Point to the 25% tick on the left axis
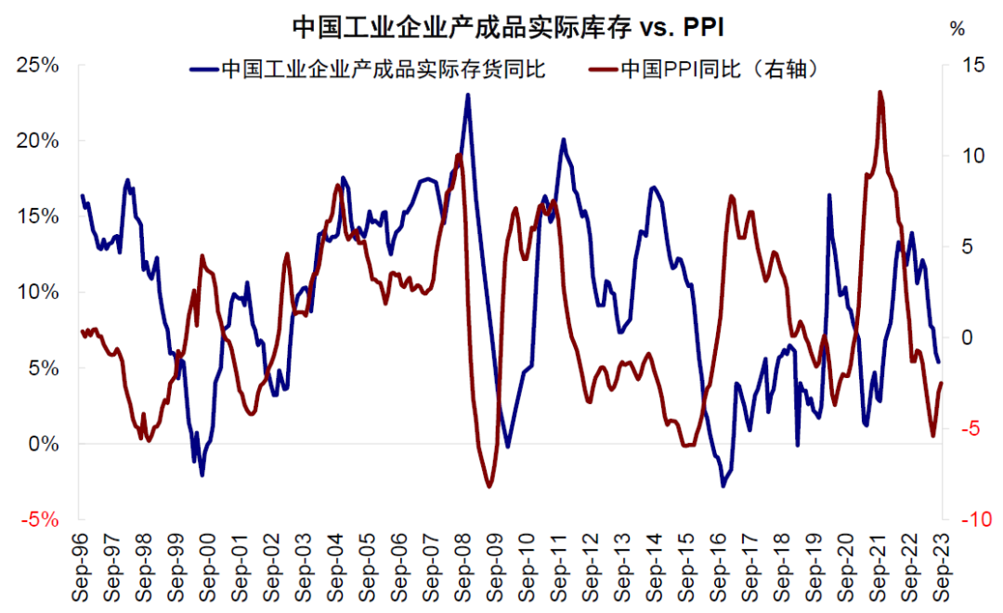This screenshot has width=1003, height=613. (x=37, y=65)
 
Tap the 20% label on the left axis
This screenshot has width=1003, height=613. (x=37, y=141)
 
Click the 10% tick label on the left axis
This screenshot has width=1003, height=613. (x=37, y=292)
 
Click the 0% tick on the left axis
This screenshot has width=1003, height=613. (x=43, y=444)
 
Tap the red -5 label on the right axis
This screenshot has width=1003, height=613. (x=966, y=428)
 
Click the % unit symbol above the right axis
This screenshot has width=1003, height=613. (x=957, y=28)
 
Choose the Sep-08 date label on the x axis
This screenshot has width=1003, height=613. (x=462, y=567)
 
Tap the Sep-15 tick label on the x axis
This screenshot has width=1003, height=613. (x=686, y=567)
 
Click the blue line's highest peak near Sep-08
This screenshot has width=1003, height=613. (x=467, y=94)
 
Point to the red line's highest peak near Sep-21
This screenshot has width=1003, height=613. (x=879, y=91)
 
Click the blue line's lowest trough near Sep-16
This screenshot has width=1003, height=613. (x=723, y=485)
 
